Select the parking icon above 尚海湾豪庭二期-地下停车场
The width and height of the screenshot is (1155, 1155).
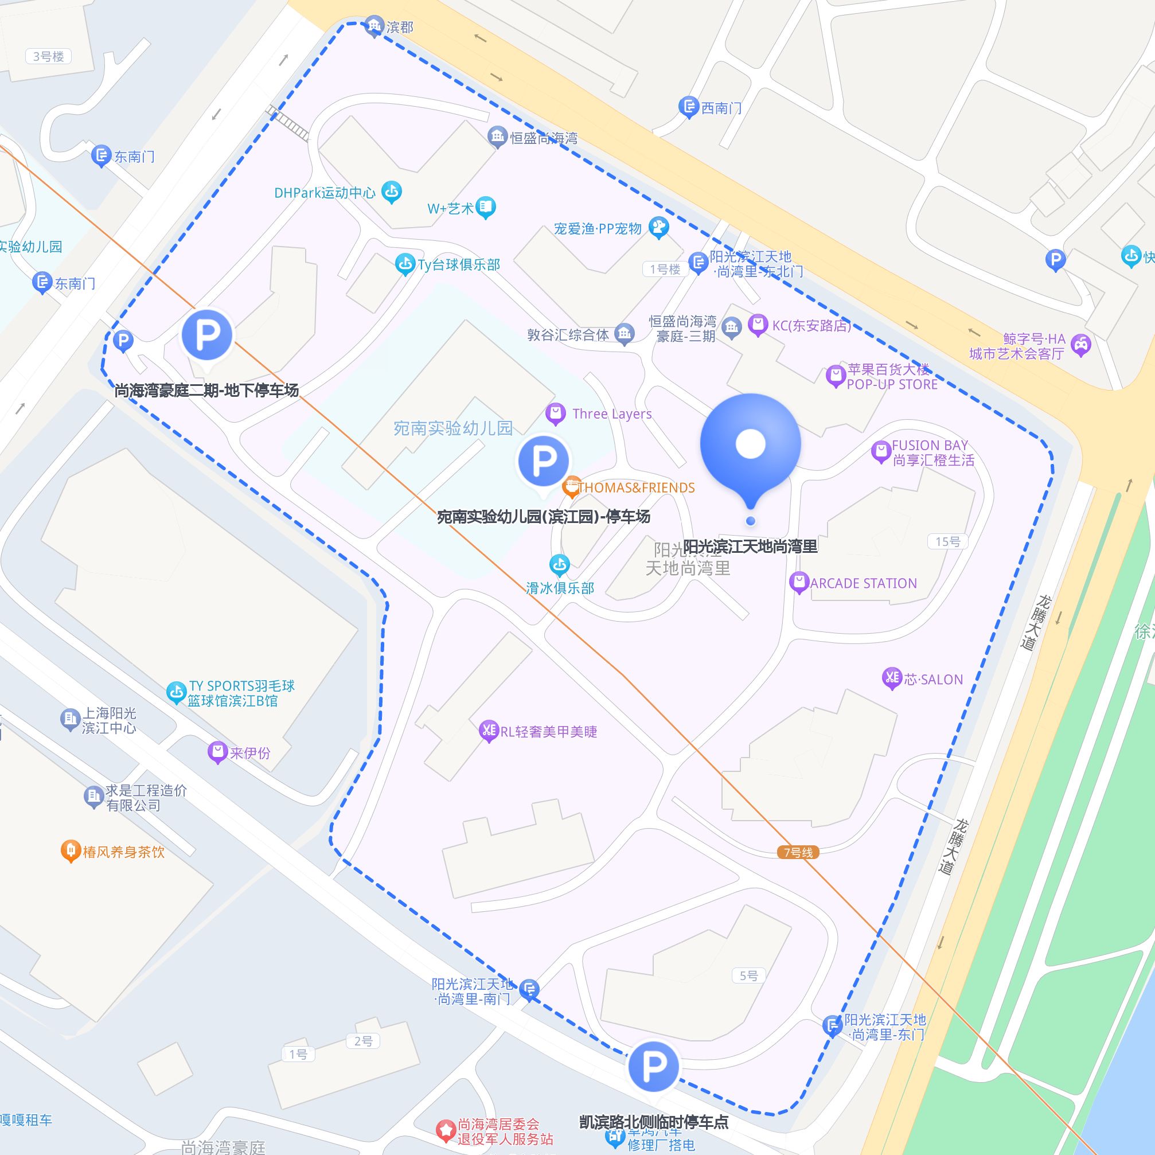[x=207, y=335]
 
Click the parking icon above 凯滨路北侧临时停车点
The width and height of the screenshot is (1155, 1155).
[x=653, y=1066]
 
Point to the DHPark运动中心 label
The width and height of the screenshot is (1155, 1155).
[x=325, y=193]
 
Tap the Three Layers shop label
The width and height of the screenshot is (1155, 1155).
[x=611, y=413]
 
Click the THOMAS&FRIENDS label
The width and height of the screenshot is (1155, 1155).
[x=636, y=488]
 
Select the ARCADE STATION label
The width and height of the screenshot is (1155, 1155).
[x=863, y=583]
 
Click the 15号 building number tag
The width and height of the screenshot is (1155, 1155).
[x=947, y=541]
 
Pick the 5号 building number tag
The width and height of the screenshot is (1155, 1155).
[x=748, y=975]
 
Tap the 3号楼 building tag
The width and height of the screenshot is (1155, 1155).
[x=48, y=57]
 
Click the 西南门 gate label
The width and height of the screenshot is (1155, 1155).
[x=721, y=108]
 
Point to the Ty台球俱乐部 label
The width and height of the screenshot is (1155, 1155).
[x=459, y=265]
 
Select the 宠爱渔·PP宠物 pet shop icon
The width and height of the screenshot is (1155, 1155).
[x=659, y=227]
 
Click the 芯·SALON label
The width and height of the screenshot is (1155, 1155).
[x=933, y=680]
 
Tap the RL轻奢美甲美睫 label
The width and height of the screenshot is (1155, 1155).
[x=548, y=732]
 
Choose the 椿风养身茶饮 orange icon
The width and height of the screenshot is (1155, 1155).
[x=71, y=850]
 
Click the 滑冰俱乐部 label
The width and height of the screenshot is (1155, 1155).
[x=560, y=588]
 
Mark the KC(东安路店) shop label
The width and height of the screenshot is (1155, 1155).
[x=811, y=326]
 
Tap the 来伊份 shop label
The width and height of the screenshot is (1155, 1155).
[x=250, y=752]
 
